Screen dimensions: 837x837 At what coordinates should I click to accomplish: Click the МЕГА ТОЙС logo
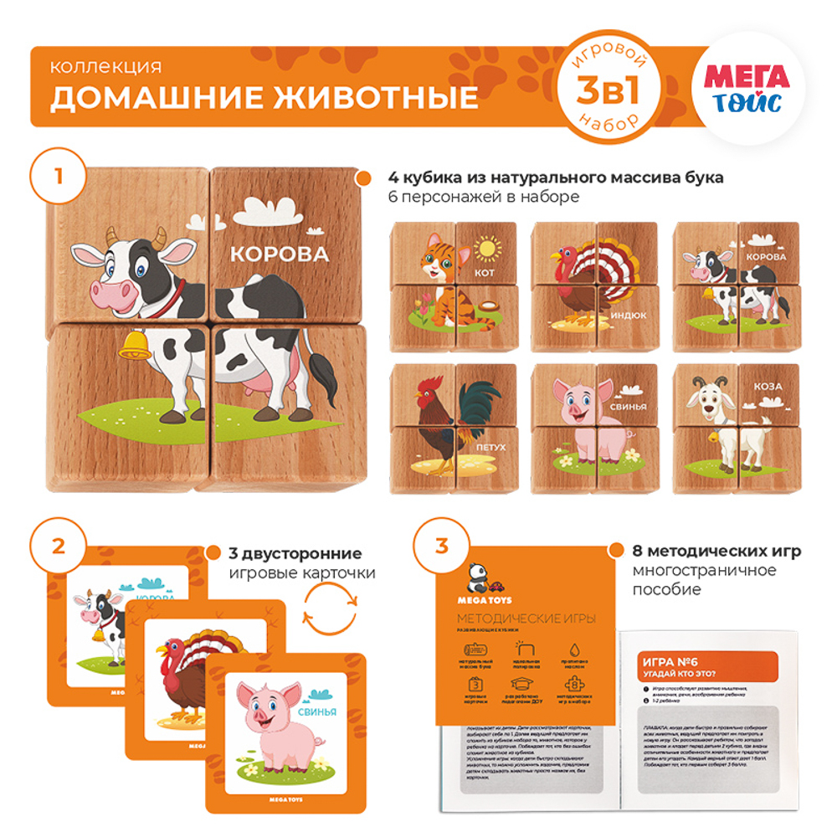tap(746, 90)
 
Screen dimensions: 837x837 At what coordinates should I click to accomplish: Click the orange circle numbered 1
tap(58, 177)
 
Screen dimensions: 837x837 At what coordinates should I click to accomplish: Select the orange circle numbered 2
tap(58, 546)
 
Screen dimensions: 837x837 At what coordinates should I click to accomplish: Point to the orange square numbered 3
tap(441, 546)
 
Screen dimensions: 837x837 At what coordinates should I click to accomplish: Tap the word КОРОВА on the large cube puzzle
tap(278, 254)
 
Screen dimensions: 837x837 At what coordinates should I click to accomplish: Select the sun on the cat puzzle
tap(485, 249)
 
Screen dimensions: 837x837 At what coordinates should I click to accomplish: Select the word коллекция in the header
tap(105, 67)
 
